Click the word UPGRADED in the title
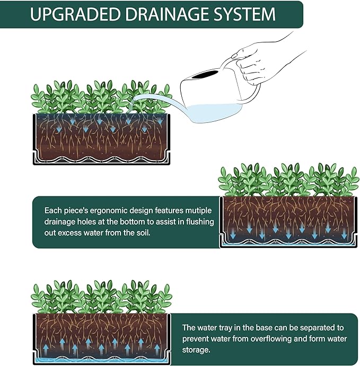75,14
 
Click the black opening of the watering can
206,74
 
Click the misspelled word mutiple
198,211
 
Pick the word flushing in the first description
200,221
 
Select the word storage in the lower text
196,350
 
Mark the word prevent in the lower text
195,338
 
